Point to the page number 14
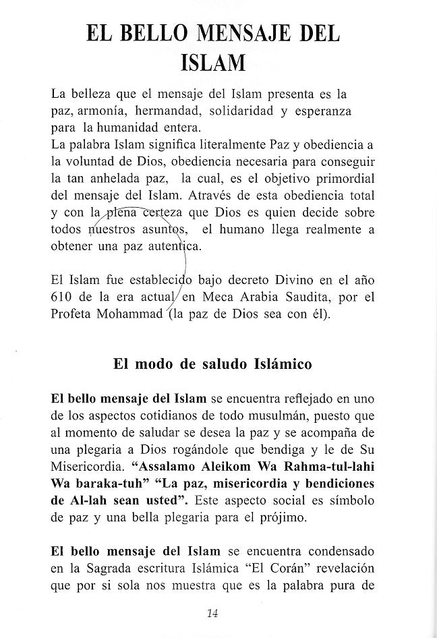pos(212,612)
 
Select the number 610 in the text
pos(64,296)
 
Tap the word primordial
pos(343,179)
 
